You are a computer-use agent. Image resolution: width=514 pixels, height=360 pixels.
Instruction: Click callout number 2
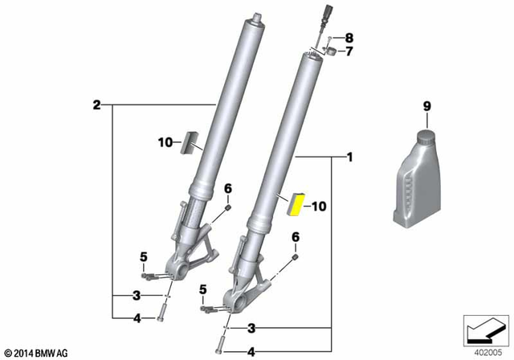(x=96, y=105)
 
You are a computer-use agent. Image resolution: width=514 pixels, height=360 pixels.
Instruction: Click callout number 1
(x=350, y=157)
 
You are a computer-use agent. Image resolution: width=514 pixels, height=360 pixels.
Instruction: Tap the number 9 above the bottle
(x=426, y=106)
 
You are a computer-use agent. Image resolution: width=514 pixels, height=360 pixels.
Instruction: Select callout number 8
(x=349, y=38)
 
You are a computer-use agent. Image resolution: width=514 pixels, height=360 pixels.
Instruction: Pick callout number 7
(x=349, y=51)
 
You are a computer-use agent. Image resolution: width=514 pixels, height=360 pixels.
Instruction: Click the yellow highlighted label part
(x=296, y=204)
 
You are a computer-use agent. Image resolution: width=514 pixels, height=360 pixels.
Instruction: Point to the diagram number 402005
(x=488, y=353)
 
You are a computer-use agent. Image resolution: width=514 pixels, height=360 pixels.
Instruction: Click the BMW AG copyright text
(x=37, y=353)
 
